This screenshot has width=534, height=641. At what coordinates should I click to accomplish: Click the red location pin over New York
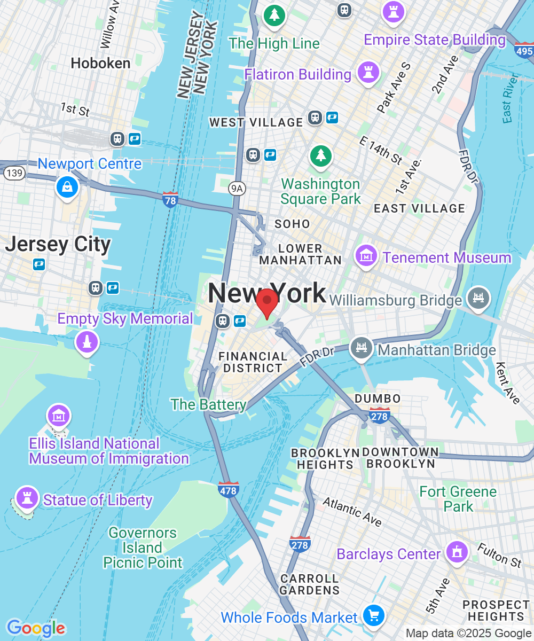[x=266, y=302]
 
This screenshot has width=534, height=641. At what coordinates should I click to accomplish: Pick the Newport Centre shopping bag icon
[x=67, y=186]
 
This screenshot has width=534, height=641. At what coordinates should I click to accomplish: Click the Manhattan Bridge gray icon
[x=362, y=348]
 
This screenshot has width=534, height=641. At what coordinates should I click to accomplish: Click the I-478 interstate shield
[x=229, y=489]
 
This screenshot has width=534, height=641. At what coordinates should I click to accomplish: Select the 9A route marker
[x=237, y=188]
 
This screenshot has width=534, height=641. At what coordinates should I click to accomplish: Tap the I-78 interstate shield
[x=170, y=200]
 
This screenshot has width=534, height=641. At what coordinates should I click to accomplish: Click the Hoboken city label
[x=100, y=63]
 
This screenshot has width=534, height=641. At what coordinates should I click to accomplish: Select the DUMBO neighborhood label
[x=378, y=398]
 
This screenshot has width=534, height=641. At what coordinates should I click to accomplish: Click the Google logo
[x=36, y=628]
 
